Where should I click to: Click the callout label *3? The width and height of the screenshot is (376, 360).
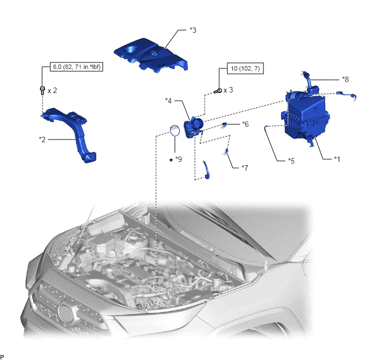pyautogui.click(x=193, y=30)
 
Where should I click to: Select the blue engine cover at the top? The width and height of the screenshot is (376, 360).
pyautogui.click(x=151, y=55)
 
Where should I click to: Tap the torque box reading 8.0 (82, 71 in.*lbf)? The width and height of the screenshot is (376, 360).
pyautogui.click(x=77, y=67)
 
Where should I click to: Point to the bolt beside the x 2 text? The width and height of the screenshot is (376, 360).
pyautogui.click(x=42, y=90)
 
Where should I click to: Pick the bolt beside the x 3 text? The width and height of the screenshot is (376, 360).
pyautogui.click(x=218, y=91)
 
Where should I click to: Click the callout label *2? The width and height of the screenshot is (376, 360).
pyautogui.click(x=42, y=140)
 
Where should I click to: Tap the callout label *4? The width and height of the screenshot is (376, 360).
pyautogui.click(x=168, y=101)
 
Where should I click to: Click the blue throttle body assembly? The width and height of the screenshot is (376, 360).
pyautogui.click(x=194, y=127)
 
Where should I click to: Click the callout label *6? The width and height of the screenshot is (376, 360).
pyautogui.click(x=245, y=124)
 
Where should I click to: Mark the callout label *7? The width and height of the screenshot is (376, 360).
pyautogui.click(x=245, y=168)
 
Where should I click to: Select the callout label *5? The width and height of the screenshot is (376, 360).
pyautogui.click(x=291, y=160)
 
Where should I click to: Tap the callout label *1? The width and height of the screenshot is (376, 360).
pyautogui.click(x=337, y=159)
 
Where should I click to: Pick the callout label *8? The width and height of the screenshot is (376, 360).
pyautogui.click(x=345, y=79)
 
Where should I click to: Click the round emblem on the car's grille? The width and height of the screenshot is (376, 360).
pyautogui.click(x=67, y=313)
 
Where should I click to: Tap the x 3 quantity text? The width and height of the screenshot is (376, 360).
pyautogui.click(x=228, y=90)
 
